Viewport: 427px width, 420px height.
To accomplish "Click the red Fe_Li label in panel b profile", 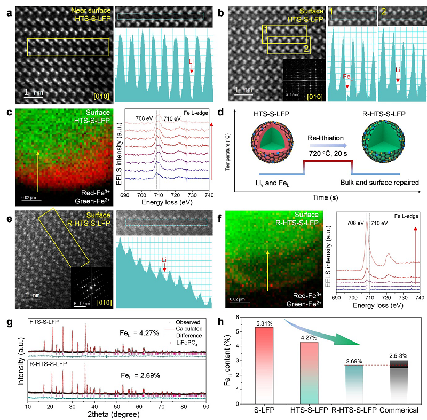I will pos(347,77).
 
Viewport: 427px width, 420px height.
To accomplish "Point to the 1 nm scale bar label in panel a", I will pos(33,92).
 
